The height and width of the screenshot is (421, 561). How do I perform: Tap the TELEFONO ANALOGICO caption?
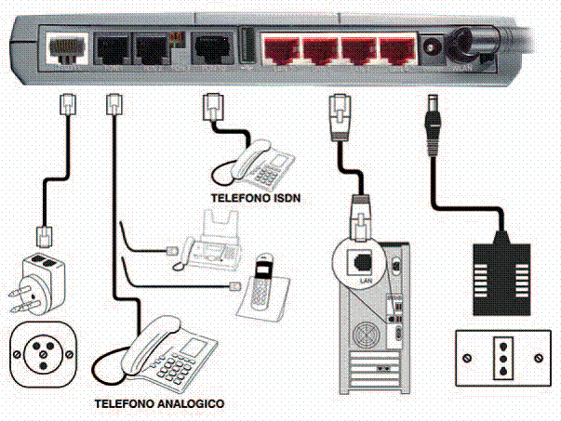coord(159,405)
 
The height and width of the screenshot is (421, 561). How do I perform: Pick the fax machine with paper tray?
coord(210,241)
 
